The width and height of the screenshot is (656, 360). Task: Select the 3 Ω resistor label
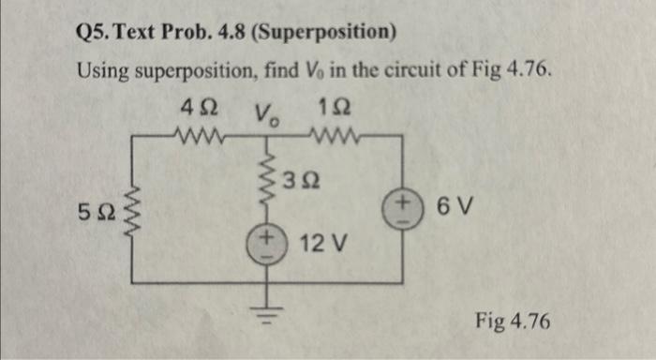[x=303, y=181]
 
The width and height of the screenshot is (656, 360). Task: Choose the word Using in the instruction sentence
[x=100, y=72]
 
